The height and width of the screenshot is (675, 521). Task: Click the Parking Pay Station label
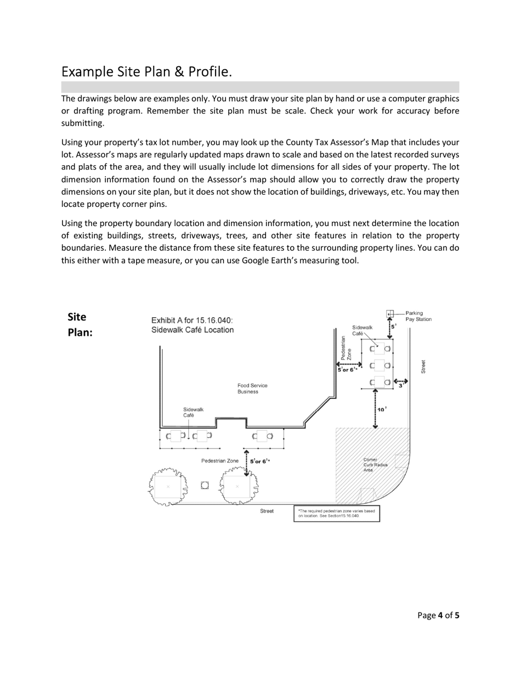click(418, 316)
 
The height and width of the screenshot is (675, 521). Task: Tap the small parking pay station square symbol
click(390, 313)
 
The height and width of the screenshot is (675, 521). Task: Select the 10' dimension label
click(382, 409)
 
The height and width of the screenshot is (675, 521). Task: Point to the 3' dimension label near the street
click(401, 386)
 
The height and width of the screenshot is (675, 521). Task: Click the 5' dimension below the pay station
click(394, 326)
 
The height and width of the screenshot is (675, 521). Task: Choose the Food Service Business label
click(252, 389)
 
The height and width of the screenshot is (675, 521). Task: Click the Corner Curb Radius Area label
click(375, 465)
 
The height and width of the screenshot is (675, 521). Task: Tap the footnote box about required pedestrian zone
click(337, 513)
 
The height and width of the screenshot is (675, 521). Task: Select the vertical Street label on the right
click(423, 367)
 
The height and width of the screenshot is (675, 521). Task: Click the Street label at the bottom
click(267, 511)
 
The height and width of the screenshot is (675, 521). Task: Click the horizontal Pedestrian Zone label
click(219, 461)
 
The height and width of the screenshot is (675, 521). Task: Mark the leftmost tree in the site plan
click(167, 487)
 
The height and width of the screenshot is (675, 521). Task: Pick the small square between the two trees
click(205, 485)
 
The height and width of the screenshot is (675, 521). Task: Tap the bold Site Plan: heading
click(80, 324)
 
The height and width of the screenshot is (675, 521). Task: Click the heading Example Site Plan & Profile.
click(146, 72)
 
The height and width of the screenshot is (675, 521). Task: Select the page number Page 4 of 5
click(438, 615)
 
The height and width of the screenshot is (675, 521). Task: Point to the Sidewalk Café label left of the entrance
click(193, 412)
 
